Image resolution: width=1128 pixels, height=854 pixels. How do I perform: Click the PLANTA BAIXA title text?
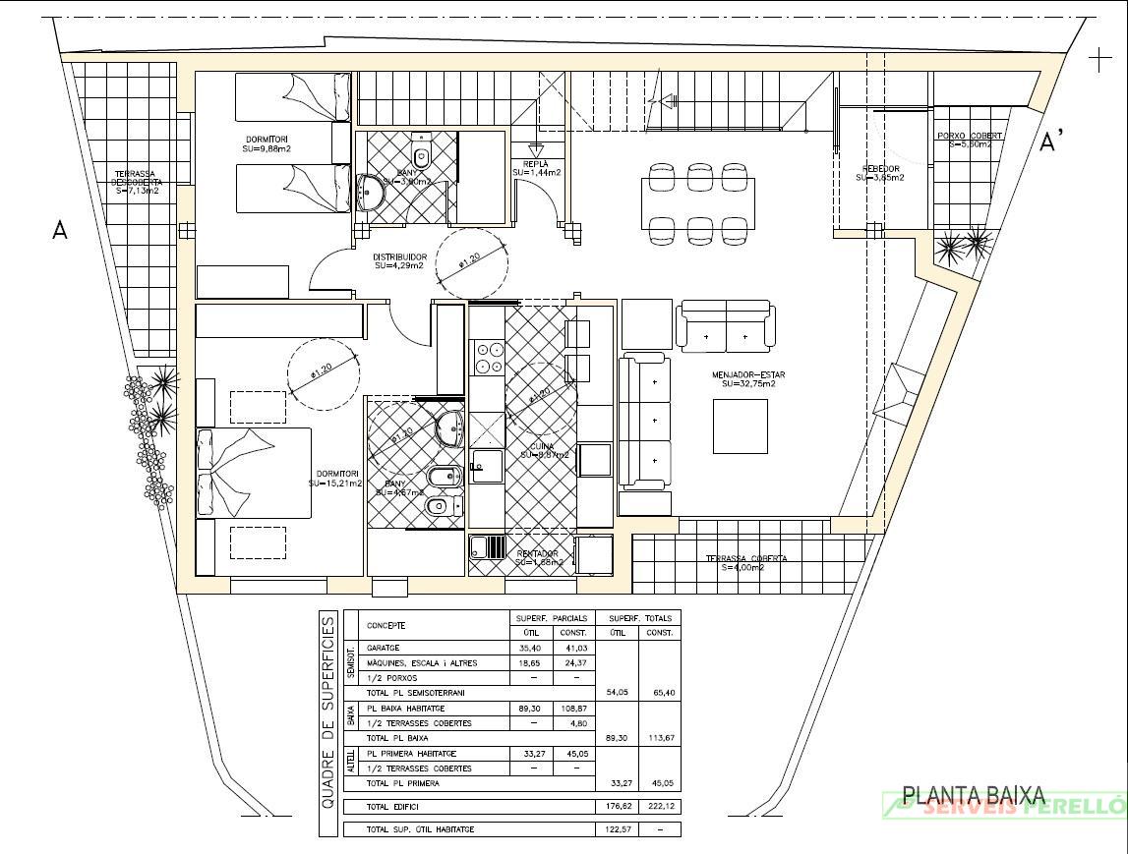[974, 796]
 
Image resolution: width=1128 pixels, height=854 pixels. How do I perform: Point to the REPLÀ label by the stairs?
[536, 164]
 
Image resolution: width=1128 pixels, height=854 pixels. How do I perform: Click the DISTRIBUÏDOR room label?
[399, 257]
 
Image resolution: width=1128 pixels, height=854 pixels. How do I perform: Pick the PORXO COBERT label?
[970, 136]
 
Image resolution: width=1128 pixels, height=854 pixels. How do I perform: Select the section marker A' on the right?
[1052, 142]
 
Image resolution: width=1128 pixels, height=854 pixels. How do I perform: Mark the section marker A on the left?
[60, 230]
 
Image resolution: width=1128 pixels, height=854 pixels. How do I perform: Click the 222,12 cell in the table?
[659, 807]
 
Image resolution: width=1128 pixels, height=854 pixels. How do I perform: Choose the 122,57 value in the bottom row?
[619, 829]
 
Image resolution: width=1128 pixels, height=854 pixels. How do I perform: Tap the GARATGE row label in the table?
[384, 649]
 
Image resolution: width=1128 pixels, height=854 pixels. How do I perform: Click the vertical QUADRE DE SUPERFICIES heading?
[328, 725]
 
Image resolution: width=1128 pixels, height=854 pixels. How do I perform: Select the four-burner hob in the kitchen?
[486, 357]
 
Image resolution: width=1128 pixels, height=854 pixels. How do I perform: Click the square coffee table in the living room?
[740, 427]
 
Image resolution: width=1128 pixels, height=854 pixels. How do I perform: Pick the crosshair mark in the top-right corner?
[1099, 61]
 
